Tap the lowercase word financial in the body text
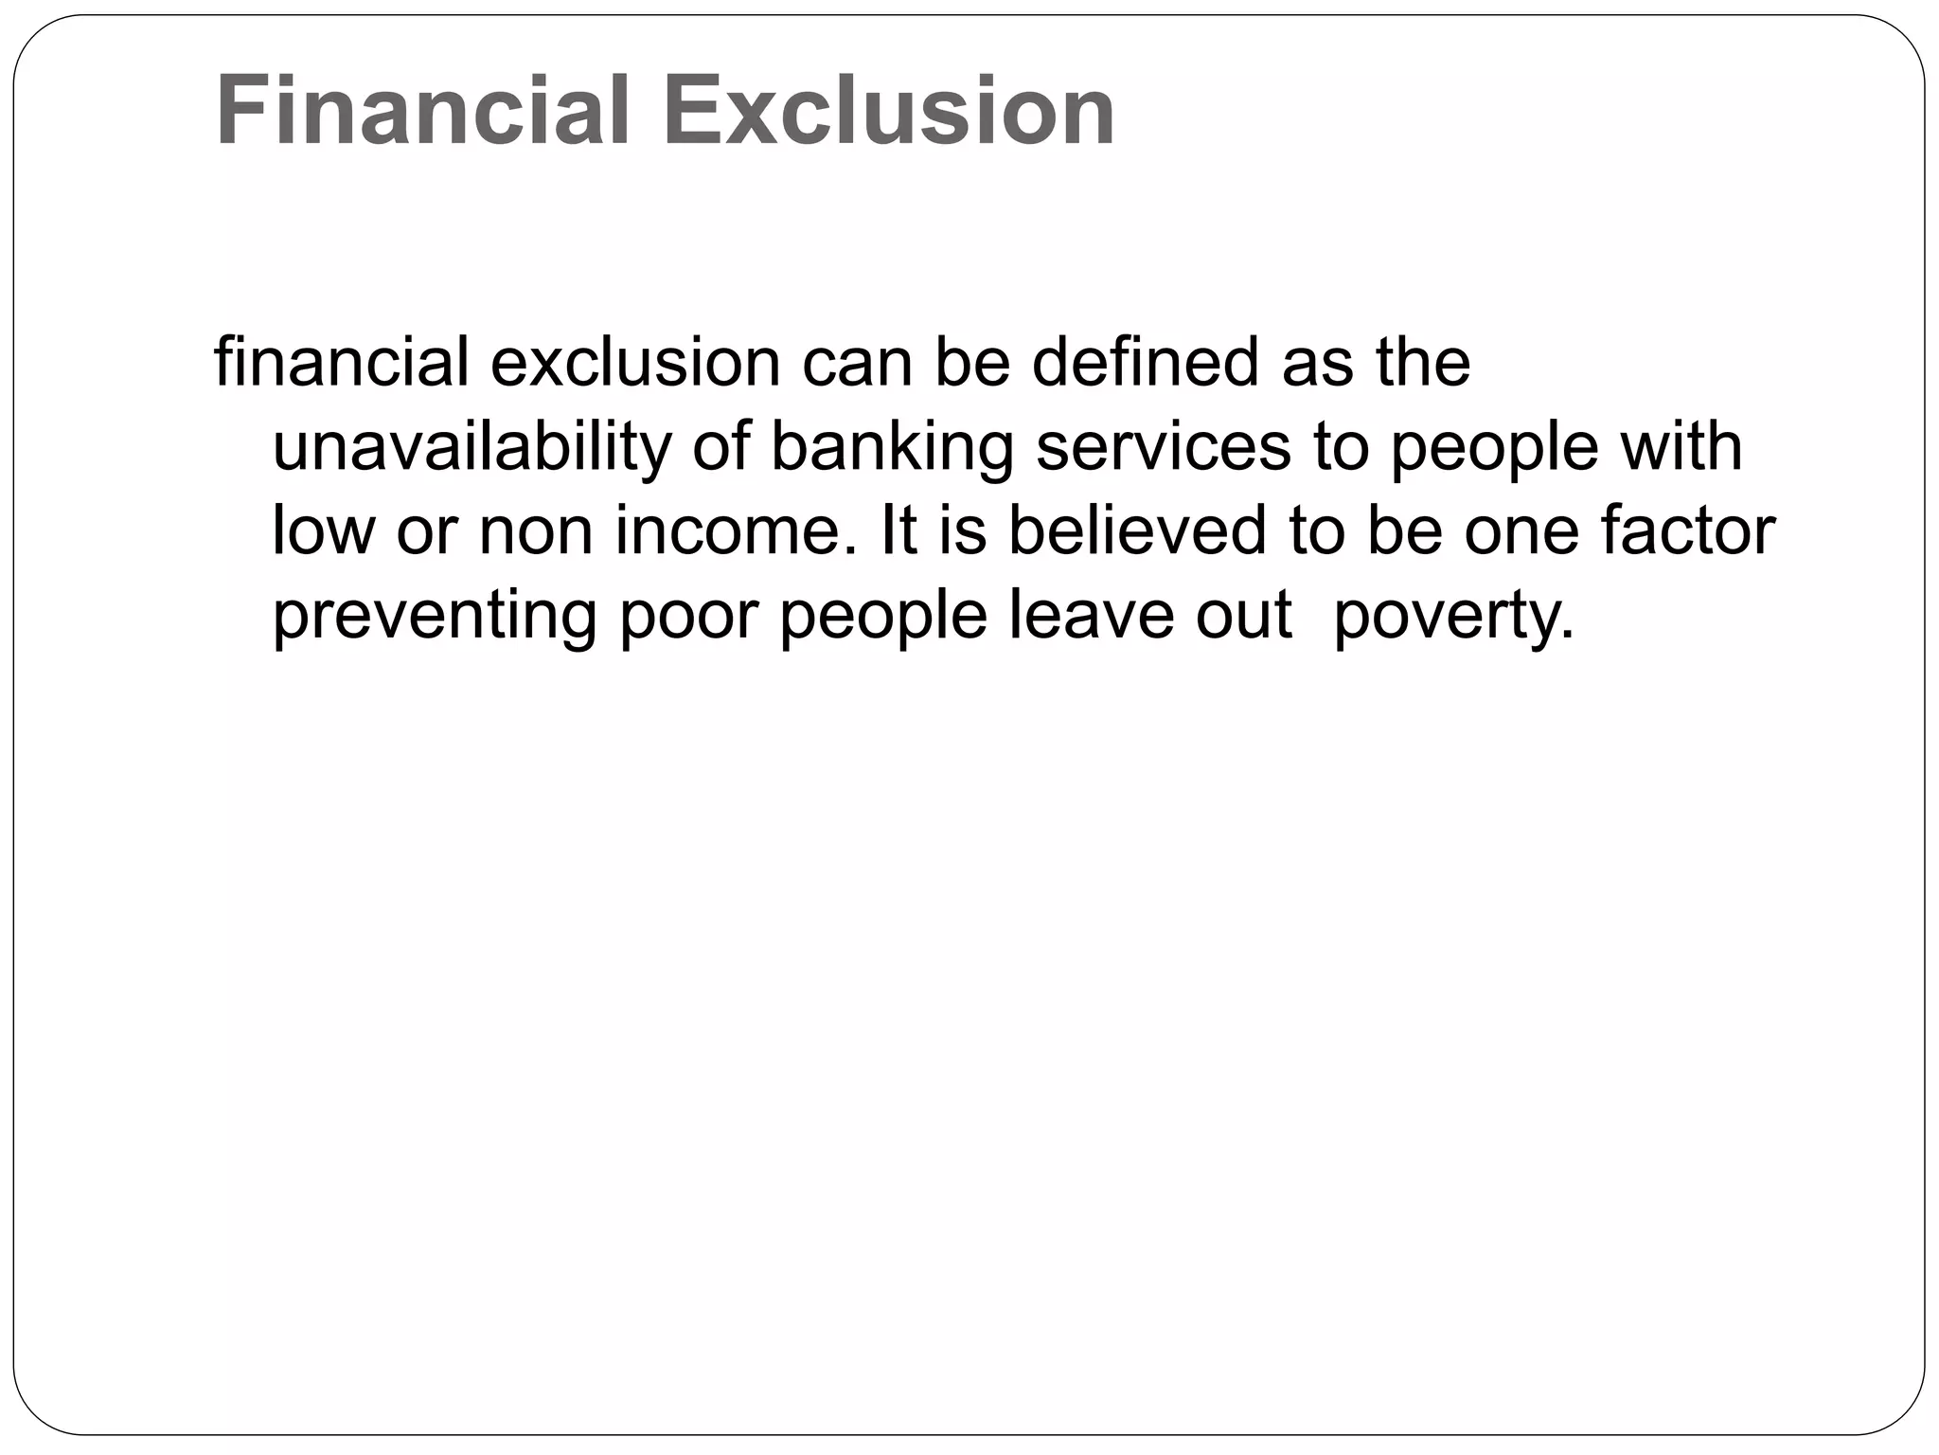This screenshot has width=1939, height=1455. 341,363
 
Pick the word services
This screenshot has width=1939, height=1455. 1164,447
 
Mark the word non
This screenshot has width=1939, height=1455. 536,530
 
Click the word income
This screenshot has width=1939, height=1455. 729,530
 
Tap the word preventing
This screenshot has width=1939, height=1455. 435,616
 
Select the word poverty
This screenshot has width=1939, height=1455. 1453,616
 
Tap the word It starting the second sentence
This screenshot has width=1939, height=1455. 898,530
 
